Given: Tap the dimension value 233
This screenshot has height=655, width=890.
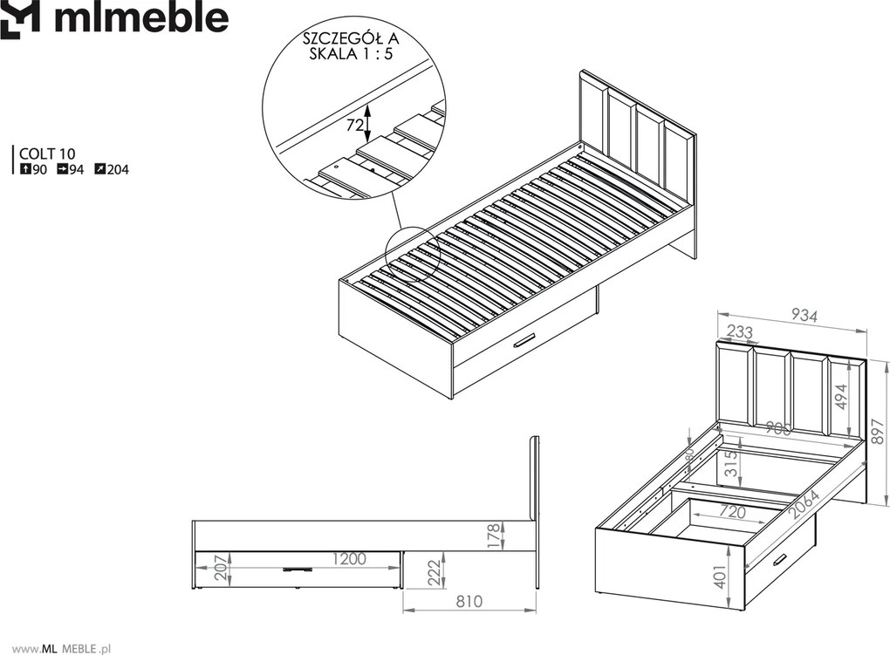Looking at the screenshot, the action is pyautogui.click(x=740, y=331).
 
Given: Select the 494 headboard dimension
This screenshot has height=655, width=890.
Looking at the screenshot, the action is pyautogui.click(x=840, y=397).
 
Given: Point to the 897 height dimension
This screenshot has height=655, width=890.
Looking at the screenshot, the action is pyautogui.click(x=878, y=433).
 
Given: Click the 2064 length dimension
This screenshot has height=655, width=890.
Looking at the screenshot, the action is pyautogui.click(x=804, y=505).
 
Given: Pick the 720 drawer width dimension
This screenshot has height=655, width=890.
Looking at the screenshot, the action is pyautogui.click(x=732, y=512).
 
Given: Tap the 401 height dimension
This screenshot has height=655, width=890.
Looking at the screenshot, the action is pyautogui.click(x=720, y=577).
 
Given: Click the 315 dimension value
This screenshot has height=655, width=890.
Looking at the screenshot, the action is pyautogui.click(x=732, y=462).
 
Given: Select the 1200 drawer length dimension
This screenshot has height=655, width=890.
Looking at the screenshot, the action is pyautogui.click(x=349, y=559).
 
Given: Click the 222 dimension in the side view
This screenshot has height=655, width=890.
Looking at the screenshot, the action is pyautogui.click(x=434, y=573).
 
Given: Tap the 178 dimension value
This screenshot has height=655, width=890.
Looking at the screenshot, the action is pyautogui.click(x=495, y=536).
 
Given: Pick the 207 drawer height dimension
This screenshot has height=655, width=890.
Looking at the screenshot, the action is pyautogui.click(x=222, y=568).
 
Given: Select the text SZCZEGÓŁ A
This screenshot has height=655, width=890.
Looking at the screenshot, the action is pyautogui.click(x=351, y=38).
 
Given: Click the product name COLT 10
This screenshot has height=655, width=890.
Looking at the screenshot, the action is pyautogui.click(x=47, y=154).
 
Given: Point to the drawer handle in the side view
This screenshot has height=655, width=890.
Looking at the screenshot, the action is pyautogui.click(x=297, y=569).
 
